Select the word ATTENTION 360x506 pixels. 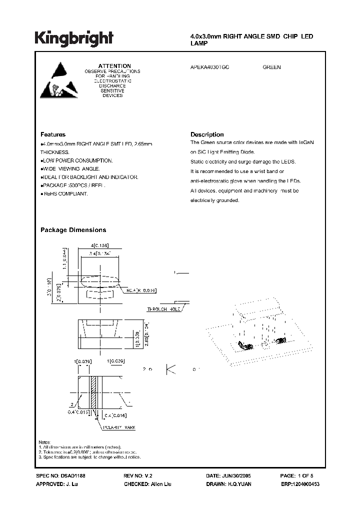click(114, 66)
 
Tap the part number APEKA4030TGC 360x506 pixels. click(210, 67)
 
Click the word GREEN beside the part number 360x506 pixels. click(271, 67)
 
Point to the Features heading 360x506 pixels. click(52, 134)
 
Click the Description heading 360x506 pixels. click(207, 134)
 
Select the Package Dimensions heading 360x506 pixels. click(73, 230)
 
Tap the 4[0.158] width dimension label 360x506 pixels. click(99, 245)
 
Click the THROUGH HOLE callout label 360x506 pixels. click(163, 310)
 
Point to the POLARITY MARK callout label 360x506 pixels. click(119, 427)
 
